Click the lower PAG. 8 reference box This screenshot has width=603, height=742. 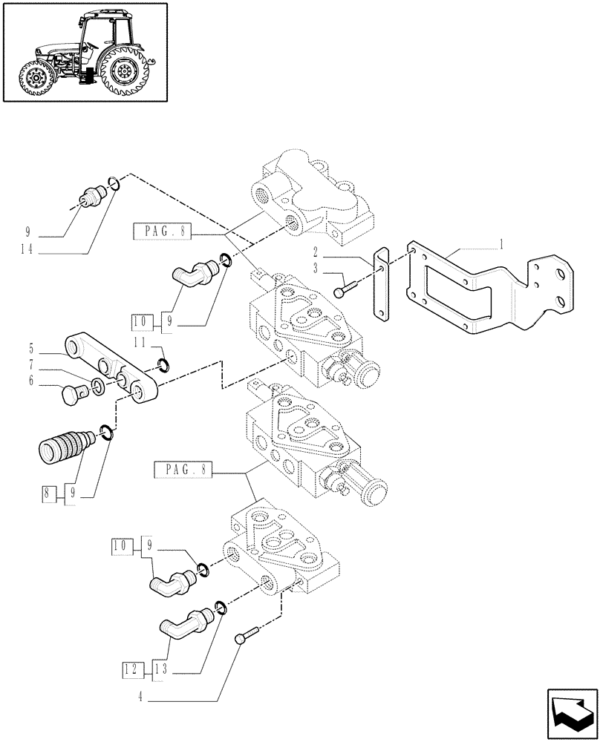click(183, 470)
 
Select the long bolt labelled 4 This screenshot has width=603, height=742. click(247, 636)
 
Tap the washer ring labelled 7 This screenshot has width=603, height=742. click(98, 385)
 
